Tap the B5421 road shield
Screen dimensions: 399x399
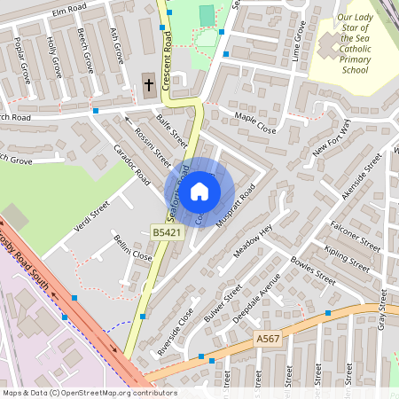point(165,232)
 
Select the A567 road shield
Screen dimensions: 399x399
point(268,339)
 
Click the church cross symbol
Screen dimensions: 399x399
point(148,86)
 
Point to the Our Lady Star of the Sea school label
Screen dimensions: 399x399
point(355,44)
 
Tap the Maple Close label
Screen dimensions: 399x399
point(255,121)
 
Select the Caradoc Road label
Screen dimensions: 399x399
point(131,163)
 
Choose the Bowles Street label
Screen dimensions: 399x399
point(313,270)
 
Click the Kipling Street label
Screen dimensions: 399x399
point(348,254)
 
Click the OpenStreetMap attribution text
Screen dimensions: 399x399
point(90,393)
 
